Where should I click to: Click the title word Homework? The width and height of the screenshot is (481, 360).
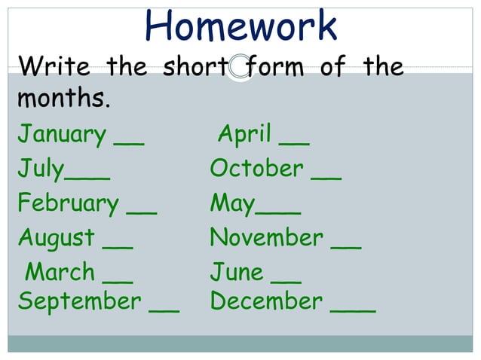click(x=240, y=26)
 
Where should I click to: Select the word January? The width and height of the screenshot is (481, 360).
click(x=62, y=136)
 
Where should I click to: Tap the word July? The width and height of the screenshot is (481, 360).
click(x=41, y=169)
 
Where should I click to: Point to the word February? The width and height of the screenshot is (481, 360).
click(x=68, y=204)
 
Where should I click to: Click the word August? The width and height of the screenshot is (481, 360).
click(x=57, y=239)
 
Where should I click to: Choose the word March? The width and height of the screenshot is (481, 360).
click(x=60, y=271)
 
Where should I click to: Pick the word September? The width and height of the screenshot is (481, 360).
click(x=79, y=301)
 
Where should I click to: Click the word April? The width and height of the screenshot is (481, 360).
click(x=244, y=135)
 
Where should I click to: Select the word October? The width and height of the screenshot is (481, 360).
click(x=256, y=169)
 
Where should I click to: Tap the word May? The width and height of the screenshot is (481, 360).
click(x=233, y=204)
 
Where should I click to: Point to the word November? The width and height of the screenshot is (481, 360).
click(x=266, y=238)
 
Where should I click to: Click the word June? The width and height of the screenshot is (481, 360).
click(x=236, y=271)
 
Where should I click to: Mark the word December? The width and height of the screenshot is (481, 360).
click(x=266, y=301)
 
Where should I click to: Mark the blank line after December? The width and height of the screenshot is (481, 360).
click(x=353, y=310)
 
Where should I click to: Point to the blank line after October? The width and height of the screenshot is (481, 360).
click(x=326, y=177)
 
